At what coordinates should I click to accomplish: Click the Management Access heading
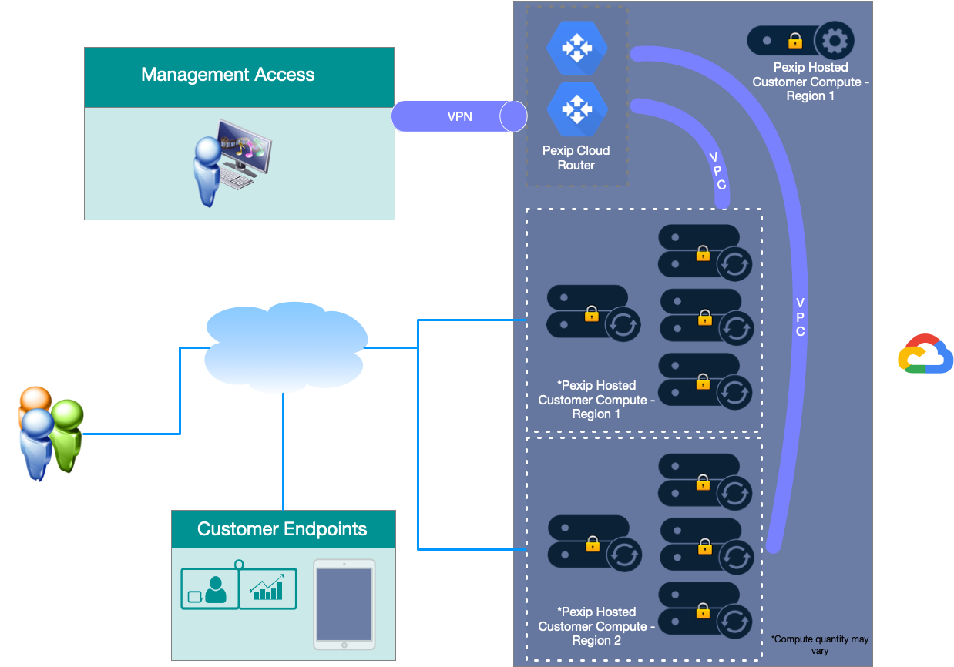click(227, 75)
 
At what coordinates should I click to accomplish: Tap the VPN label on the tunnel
click(459, 117)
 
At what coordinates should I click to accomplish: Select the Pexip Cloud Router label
click(576, 158)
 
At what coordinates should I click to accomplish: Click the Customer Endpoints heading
click(282, 529)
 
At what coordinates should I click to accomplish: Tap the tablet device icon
click(344, 604)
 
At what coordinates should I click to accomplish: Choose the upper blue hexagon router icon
click(576, 48)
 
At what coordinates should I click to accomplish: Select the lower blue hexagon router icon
click(576, 109)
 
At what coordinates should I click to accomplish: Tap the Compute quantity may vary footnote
click(820, 645)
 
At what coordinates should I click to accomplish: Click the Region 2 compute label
click(596, 626)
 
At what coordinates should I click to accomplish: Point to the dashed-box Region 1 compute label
click(596, 400)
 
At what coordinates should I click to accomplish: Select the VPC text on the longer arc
click(800, 317)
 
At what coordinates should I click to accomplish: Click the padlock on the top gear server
click(794, 40)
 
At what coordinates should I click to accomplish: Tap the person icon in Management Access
click(207, 171)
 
